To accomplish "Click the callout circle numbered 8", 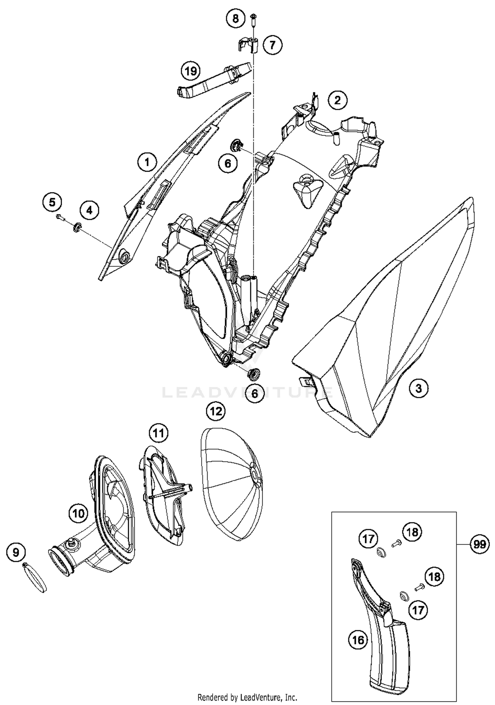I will click(x=235, y=18).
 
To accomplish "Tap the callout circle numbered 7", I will click(x=272, y=44).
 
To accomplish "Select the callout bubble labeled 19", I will click(x=191, y=71).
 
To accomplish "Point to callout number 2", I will click(x=337, y=100).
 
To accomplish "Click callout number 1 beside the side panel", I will click(x=147, y=162).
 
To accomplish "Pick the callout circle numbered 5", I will click(x=52, y=202).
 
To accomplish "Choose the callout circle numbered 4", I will click(x=89, y=209).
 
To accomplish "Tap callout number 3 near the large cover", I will click(x=418, y=388).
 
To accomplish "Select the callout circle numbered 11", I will click(x=158, y=433).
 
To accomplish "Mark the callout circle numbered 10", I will click(x=79, y=513).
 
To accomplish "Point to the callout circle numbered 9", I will click(x=16, y=552).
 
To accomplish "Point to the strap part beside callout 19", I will click(x=214, y=81).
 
